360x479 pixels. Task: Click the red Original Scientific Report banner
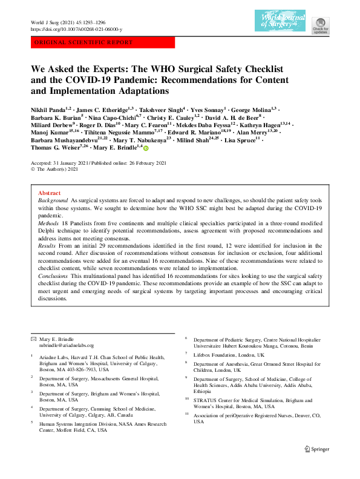coord(102,42)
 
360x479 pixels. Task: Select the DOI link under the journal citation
coord(76,29)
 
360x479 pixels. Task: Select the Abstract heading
coord(50,193)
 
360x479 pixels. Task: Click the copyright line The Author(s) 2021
coord(59,170)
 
